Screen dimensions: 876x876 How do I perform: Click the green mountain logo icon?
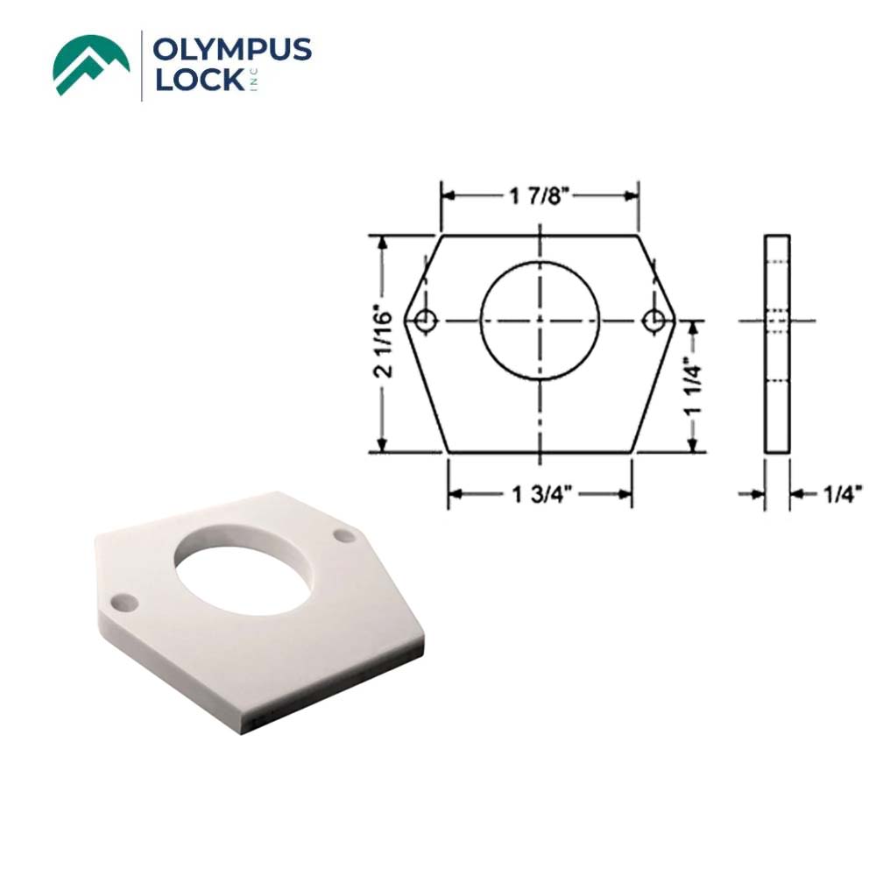[91, 65]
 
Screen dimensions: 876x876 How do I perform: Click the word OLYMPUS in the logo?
[232, 51]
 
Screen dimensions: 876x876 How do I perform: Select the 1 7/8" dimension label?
[540, 196]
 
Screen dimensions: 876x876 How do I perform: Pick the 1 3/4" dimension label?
[540, 496]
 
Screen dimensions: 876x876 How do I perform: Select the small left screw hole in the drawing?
[426, 321]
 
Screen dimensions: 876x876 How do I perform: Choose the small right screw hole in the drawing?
[653, 321]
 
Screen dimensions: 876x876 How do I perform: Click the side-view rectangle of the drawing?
[777, 343]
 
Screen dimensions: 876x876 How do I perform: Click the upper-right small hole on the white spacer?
[343, 533]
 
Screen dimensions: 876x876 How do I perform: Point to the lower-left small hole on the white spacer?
[126, 601]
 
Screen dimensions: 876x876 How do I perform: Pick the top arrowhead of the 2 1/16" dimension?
[382, 242]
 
